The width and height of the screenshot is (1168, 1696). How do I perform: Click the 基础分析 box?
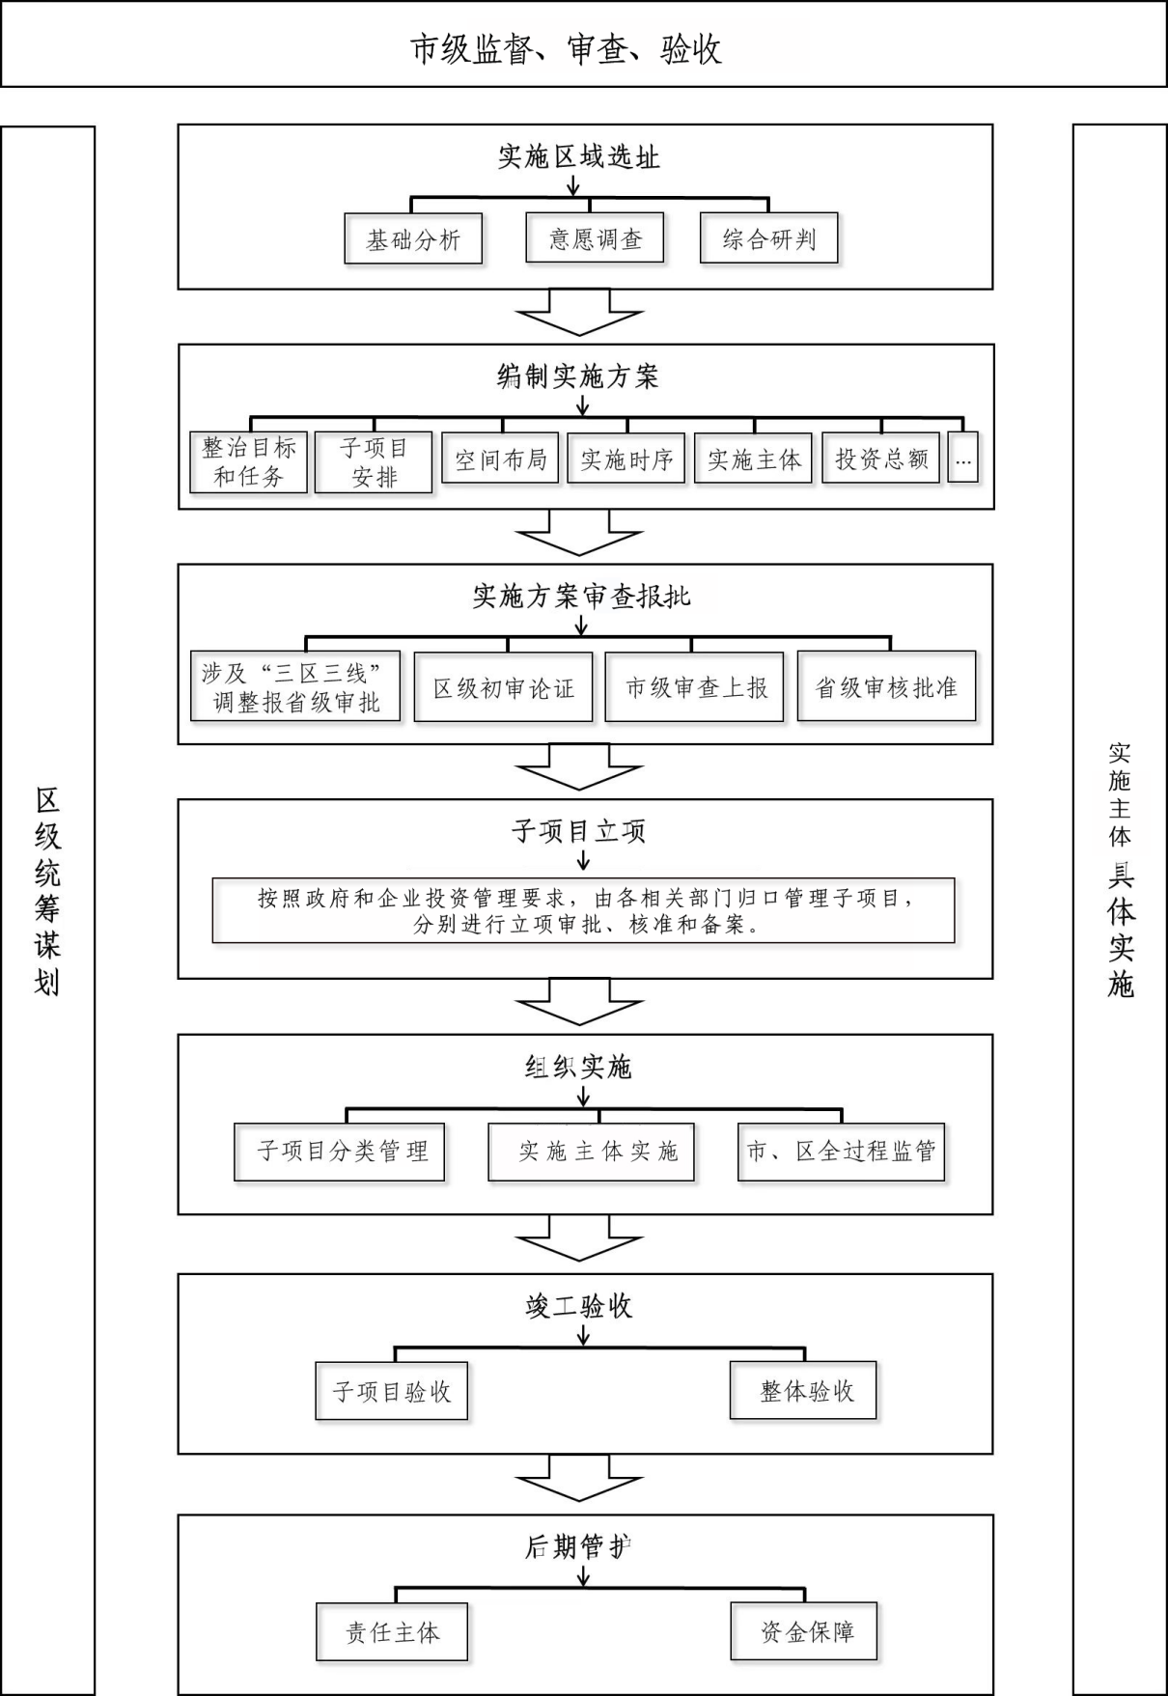pos(413,238)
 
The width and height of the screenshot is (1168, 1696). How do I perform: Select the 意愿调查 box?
pos(595,237)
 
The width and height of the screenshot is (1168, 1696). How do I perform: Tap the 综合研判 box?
pos(768,238)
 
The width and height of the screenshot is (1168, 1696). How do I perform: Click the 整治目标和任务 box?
pos(249,462)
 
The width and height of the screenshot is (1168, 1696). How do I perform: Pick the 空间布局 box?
pos(500,459)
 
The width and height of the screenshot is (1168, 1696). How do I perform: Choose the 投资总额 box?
pos(880,459)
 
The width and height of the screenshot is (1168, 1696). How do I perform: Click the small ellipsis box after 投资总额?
pos(963,459)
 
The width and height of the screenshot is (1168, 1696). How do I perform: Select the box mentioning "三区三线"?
pos(295,686)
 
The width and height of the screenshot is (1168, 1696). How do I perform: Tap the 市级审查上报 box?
pos(695,686)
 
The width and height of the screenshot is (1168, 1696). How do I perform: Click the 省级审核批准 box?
pos(887,686)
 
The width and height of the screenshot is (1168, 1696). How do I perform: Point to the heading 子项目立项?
pos(579,831)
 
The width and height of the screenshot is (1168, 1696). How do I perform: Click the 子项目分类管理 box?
pos(340,1152)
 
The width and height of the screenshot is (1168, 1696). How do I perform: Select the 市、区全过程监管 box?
pos(842,1152)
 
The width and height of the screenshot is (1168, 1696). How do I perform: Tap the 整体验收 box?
pos(803,1391)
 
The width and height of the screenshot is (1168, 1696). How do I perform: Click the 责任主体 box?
pos(392,1632)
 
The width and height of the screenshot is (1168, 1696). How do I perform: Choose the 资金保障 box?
pos(804,1632)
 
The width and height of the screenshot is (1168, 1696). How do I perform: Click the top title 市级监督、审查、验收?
pos(567,49)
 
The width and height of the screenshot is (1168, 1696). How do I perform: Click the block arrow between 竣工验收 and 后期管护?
pos(579,1477)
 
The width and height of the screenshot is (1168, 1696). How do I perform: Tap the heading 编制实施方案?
pos(578,376)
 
